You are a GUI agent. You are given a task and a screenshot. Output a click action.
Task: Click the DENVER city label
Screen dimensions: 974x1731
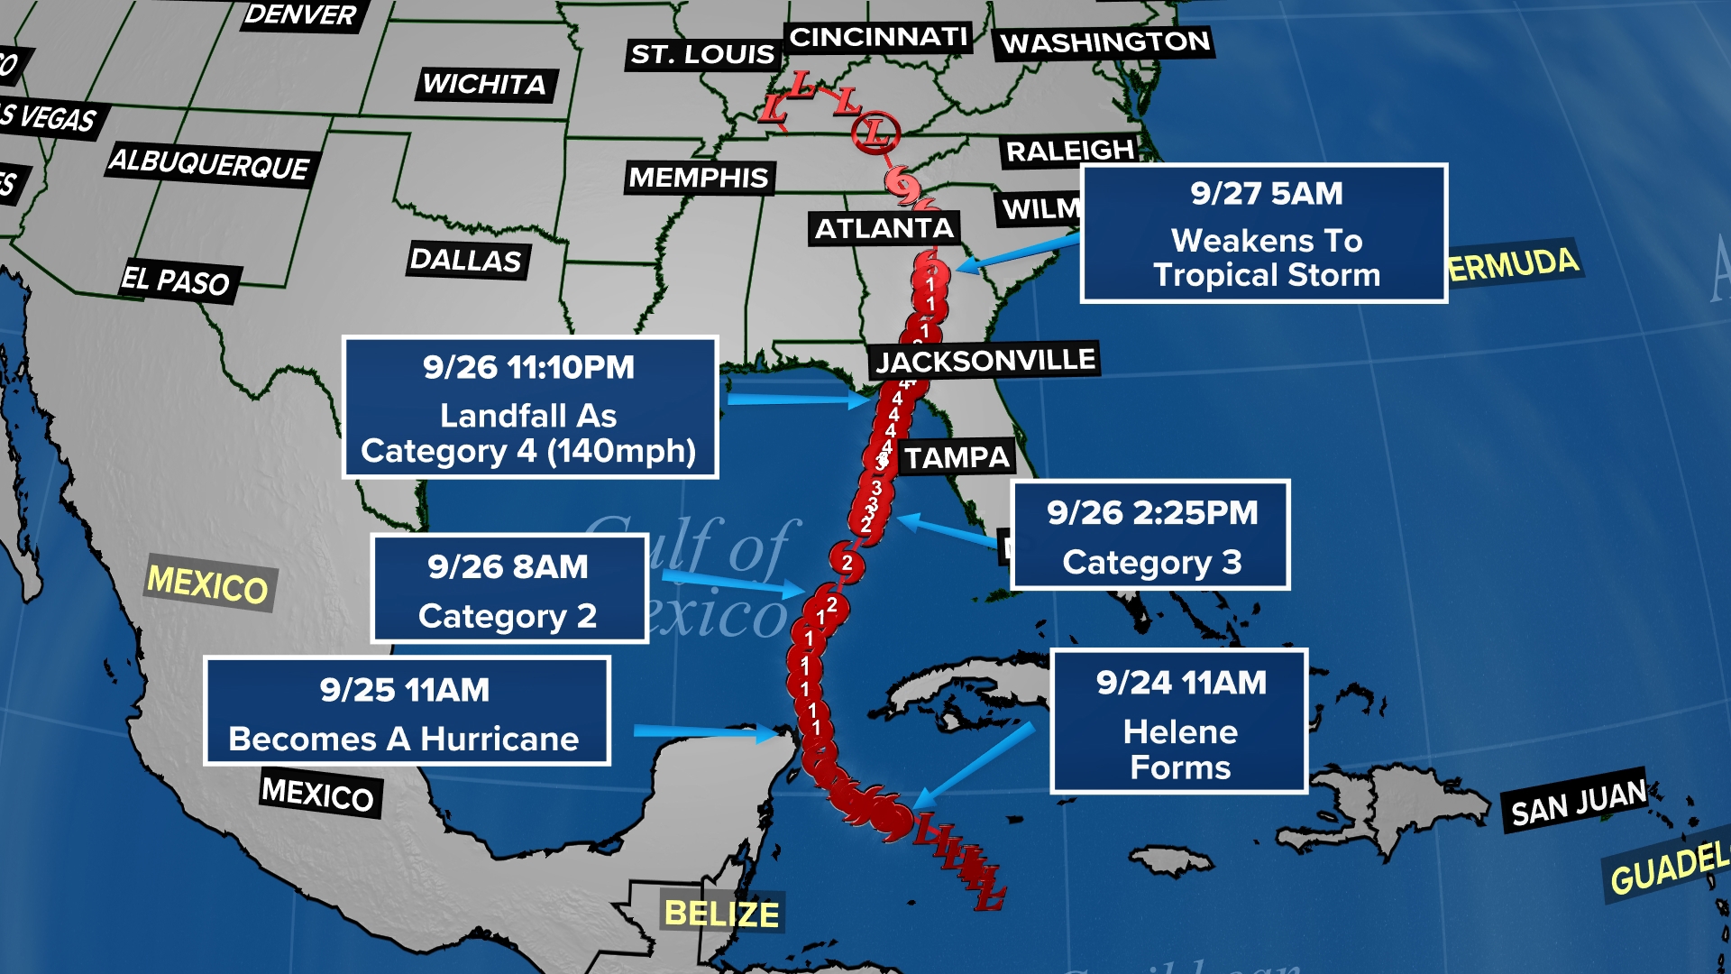click(x=301, y=14)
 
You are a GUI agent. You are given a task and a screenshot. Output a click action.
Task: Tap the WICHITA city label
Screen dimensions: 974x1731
click(x=485, y=85)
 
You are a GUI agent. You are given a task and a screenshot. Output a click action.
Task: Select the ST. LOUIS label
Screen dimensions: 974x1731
click(x=702, y=55)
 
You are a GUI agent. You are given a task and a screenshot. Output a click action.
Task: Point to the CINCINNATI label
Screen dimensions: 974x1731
click(x=878, y=37)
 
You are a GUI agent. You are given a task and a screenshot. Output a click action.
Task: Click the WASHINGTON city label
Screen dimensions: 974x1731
click(x=1104, y=42)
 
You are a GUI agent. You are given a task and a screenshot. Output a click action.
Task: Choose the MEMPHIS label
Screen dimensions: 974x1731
click(x=699, y=178)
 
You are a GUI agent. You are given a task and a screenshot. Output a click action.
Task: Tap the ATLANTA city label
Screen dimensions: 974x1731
click(x=884, y=229)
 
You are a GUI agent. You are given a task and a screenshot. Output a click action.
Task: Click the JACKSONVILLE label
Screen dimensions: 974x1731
click(x=985, y=361)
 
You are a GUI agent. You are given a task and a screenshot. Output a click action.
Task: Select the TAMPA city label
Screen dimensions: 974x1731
click(x=957, y=458)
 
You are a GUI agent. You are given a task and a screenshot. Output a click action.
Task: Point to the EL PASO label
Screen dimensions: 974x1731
click(x=177, y=280)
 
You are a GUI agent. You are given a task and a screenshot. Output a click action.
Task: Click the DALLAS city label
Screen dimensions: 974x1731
click(x=466, y=261)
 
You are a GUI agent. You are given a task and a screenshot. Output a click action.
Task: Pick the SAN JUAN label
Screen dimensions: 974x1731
click(x=1579, y=802)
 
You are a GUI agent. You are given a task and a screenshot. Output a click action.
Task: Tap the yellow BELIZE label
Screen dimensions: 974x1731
click(x=721, y=914)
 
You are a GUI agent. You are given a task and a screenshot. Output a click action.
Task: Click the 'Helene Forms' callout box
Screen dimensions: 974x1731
click(x=1179, y=721)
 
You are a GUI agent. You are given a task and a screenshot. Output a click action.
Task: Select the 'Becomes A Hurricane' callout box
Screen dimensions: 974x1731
click(x=406, y=712)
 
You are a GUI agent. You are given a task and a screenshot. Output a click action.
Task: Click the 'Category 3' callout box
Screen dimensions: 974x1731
click(x=1150, y=536)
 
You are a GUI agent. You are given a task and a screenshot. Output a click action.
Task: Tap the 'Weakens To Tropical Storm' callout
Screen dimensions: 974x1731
click(x=1264, y=234)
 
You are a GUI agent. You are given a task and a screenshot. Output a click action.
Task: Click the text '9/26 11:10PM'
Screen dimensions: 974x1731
click(x=529, y=368)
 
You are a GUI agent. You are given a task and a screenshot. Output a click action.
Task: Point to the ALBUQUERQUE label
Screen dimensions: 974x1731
click(x=209, y=164)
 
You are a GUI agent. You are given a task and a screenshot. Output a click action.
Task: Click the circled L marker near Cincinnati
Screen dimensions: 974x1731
click(x=875, y=132)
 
